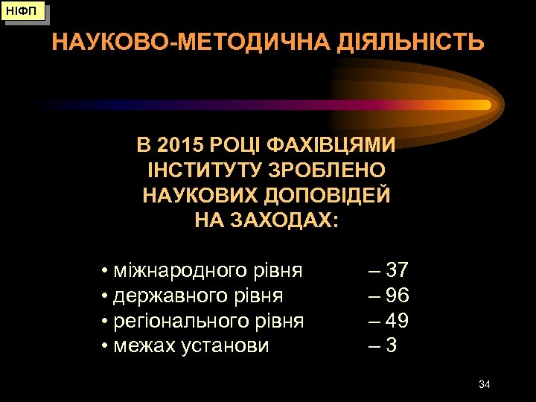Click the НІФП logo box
pos(22,12)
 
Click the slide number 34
pos(484,384)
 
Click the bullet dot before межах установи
pos(106,347)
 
